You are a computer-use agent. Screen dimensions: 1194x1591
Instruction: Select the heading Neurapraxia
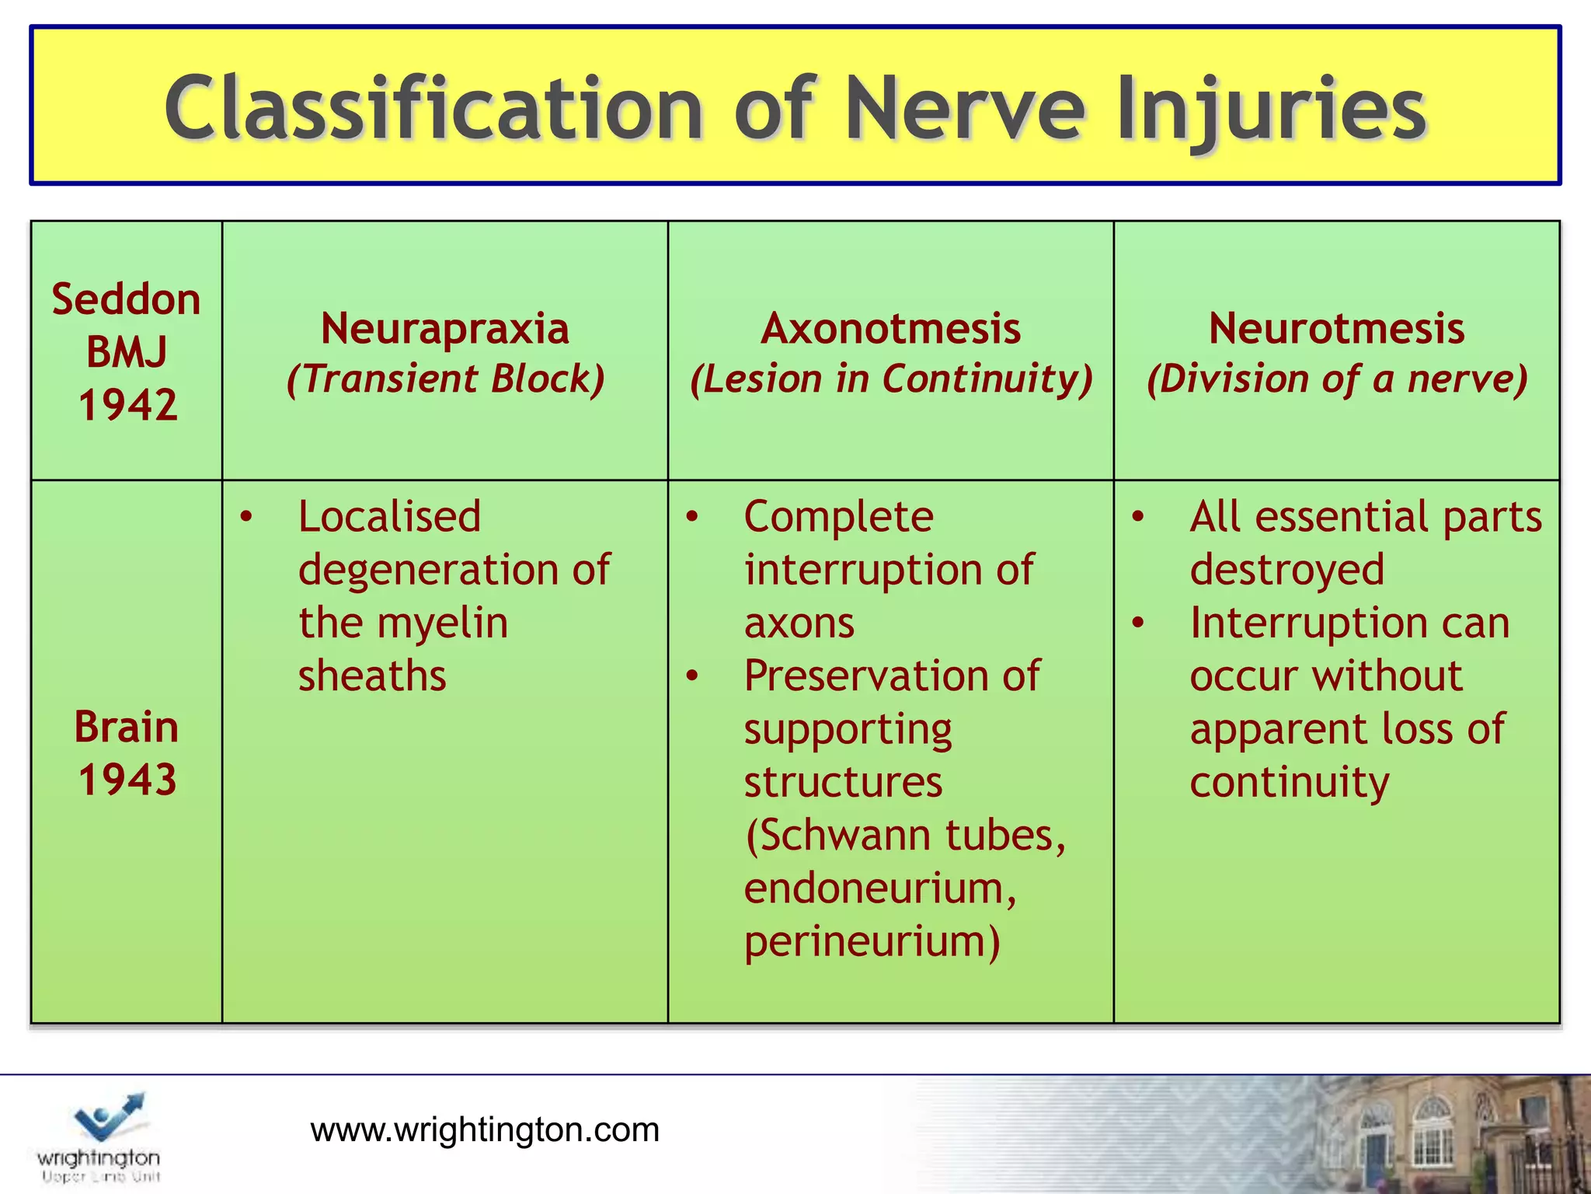pyautogui.click(x=445, y=328)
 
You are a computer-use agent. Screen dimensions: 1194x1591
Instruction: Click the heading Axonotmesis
pyautogui.click(x=890, y=328)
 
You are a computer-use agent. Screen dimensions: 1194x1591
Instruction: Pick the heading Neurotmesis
pyautogui.click(x=1336, y=328)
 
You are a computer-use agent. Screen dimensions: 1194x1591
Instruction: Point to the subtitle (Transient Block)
pyautogui.click(x=445, y=379)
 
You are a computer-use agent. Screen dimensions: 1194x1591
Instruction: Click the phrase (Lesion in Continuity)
pyautogui.click(x=891, y=379)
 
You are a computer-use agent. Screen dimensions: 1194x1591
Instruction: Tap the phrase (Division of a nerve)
pyautogui.click(x=1337, y=379)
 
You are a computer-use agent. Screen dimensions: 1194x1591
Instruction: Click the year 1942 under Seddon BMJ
pyautogui.click(x=127, y=405)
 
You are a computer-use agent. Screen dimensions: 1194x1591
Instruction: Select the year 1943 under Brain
pyautogui.click(x=127, y=780)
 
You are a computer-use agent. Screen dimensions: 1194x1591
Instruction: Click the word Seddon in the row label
pyautogui.click(x=126, y=299)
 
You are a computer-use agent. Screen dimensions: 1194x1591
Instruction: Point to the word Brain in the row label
pyautogui.click(x=126, y=728)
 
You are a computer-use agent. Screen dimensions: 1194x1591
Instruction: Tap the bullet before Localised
pyautogui.click(x=246, y=517)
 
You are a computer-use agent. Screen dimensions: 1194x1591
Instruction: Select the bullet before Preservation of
pyautogui.click(x=692, y=676)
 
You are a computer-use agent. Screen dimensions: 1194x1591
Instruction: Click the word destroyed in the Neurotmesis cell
pyautogui.click(x=1286, y=570)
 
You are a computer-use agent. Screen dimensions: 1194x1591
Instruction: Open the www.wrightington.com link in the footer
pyautogui.click(x=485, y=1129)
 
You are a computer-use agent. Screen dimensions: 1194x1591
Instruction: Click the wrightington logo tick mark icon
pyautogui.click(x=109, y=1116)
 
